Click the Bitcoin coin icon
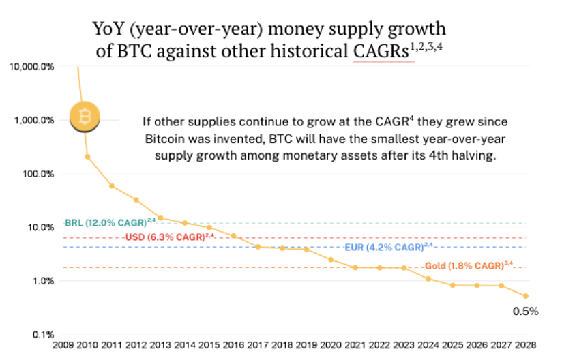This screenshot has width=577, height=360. [85, 118]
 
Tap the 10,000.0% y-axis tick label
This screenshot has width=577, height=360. [31, 67]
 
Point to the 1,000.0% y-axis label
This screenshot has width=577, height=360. [33, 120]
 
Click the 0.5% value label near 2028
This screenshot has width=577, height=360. [525, 312]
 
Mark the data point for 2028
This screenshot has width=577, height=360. [525, 296]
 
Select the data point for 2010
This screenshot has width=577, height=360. [87, 157]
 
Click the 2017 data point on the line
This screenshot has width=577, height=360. [257, 246]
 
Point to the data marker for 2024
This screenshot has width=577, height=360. [428, 278]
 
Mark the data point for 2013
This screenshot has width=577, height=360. [160, 217]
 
